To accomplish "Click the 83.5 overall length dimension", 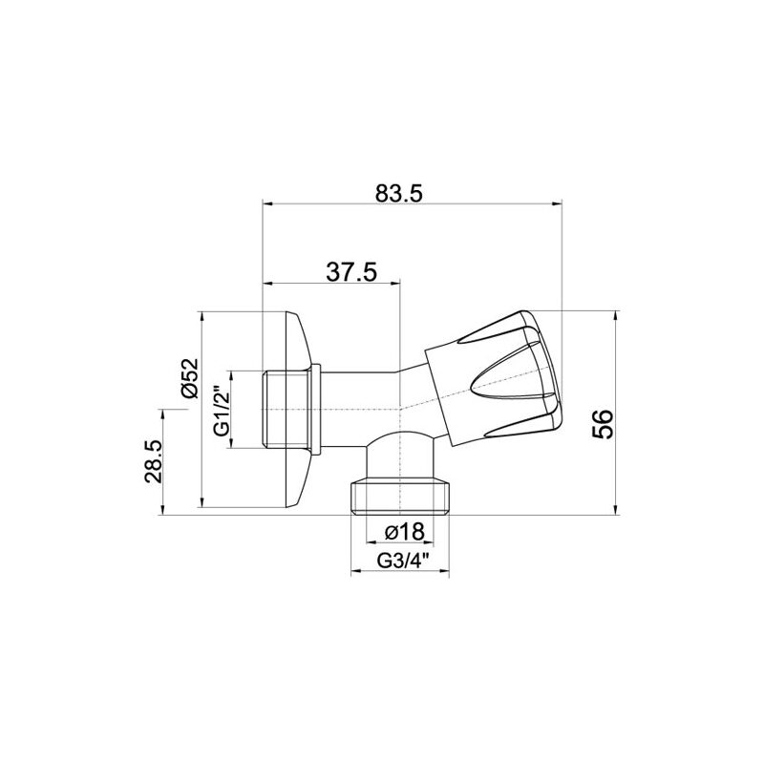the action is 398,194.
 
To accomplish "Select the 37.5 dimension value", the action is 351,272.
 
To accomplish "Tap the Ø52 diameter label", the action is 189,378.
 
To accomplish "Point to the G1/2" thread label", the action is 222,410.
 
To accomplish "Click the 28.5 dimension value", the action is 153,461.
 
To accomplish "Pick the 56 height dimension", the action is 604,424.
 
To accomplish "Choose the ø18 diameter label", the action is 405,532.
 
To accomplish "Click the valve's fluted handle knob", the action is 493,378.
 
